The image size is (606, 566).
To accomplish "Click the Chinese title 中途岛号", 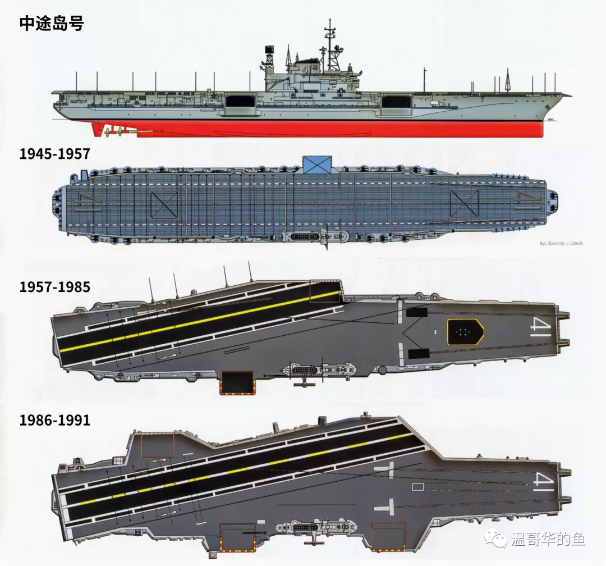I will tap(51, 23).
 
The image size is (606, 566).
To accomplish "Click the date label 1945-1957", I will tap(54, 154).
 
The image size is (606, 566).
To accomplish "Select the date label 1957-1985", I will tap(54, 287).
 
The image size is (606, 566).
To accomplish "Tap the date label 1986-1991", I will tap(54, 419).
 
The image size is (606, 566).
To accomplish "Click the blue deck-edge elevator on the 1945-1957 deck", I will tap(317, 164).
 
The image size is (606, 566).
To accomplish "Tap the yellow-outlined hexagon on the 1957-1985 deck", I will tap(465, 331).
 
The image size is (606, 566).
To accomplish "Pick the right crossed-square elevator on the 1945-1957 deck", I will tap(464, 203).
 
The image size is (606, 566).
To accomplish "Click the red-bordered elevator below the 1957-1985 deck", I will tap(237, 383).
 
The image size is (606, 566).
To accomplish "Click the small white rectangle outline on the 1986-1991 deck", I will tap(417, 487).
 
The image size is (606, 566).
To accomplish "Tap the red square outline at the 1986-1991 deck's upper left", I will tap(158, 445).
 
